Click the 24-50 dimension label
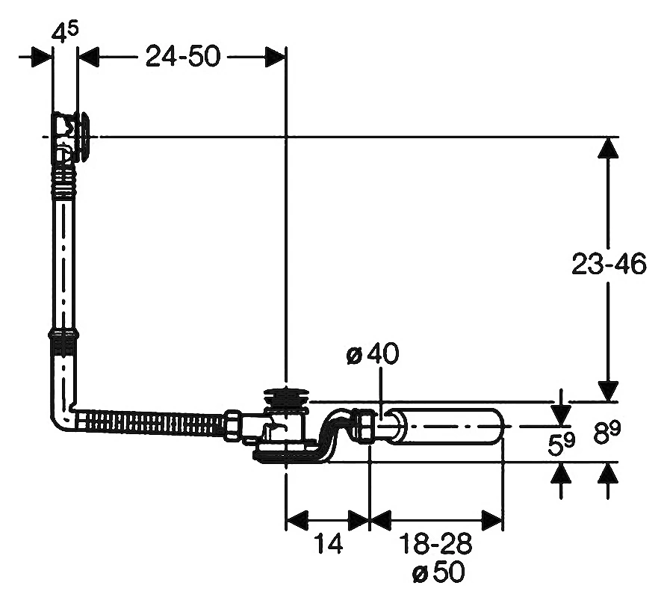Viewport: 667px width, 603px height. click(x=183, y=56)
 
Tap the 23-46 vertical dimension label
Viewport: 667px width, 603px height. click(x=609, y=264)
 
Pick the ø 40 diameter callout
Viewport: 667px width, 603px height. click(x=373, y=353)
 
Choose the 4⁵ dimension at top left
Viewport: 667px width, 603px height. click(x=64, y=31)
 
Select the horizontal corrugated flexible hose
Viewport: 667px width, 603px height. click(x=151, y=423)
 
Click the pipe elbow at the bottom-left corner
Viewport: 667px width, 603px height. click(x=63, y=411)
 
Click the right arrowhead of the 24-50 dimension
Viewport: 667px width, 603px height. click(x=275, y=57)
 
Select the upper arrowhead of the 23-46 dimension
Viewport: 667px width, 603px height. click(x=608, y=148)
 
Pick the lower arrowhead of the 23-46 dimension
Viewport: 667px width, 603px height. click(x=608, y=391)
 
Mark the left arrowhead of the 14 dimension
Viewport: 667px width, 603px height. click(x=296, y=520)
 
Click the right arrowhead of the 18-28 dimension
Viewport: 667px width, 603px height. click(x=492, y=520)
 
